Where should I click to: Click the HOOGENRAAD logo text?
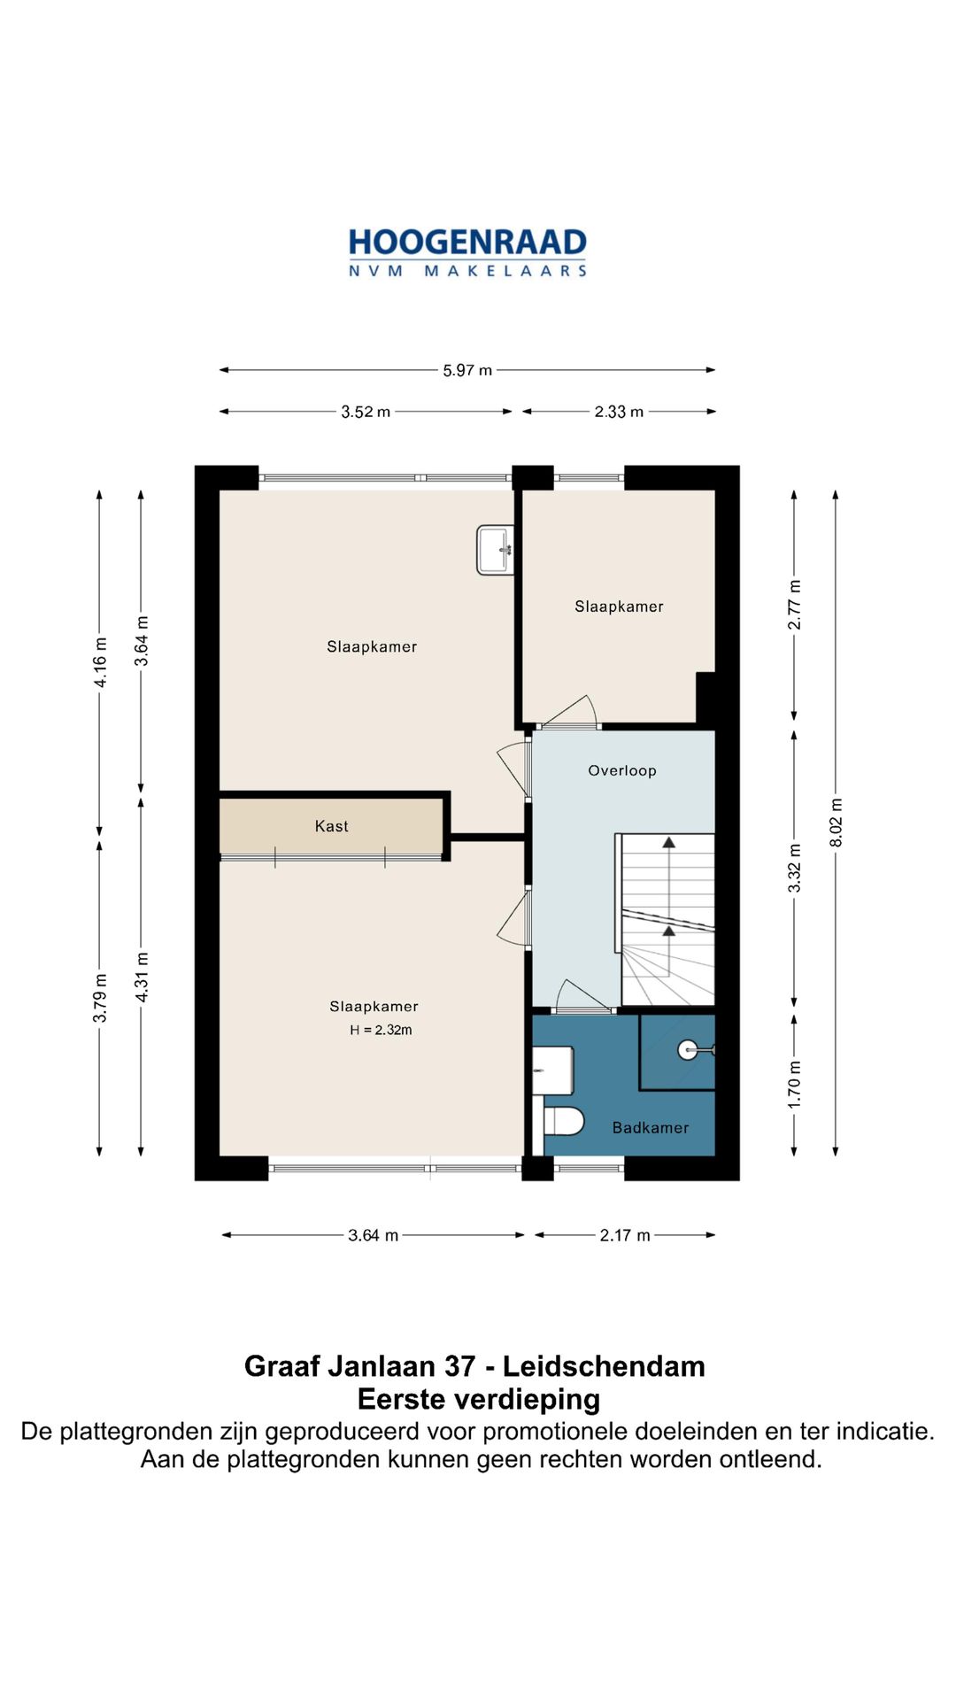click(467, 242)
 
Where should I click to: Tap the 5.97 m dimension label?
click(467, 370)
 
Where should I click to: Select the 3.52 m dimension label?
click(366, 412)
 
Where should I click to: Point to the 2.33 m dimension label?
click(619, 412)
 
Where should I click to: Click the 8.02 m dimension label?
click(836, 823)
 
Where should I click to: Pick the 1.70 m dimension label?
click(795, 1085)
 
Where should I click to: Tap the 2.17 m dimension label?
click(625, 1235)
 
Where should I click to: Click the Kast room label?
click(332, 826)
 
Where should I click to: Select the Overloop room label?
click(622, 770)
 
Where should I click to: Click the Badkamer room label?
click(651, 1127)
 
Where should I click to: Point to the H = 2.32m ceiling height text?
click(382, 1030)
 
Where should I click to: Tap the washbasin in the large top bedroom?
click(496, 550)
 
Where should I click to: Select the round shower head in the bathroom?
click(688, 1050)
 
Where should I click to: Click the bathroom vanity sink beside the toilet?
click(553, 1071)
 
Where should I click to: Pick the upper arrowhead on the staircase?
click(669, 842)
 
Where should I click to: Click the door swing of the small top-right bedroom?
click(572, 711)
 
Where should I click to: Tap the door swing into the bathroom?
click(582, 995)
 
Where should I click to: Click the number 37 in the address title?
click(460, 1366)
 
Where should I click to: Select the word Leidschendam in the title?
click(605, 1366)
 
